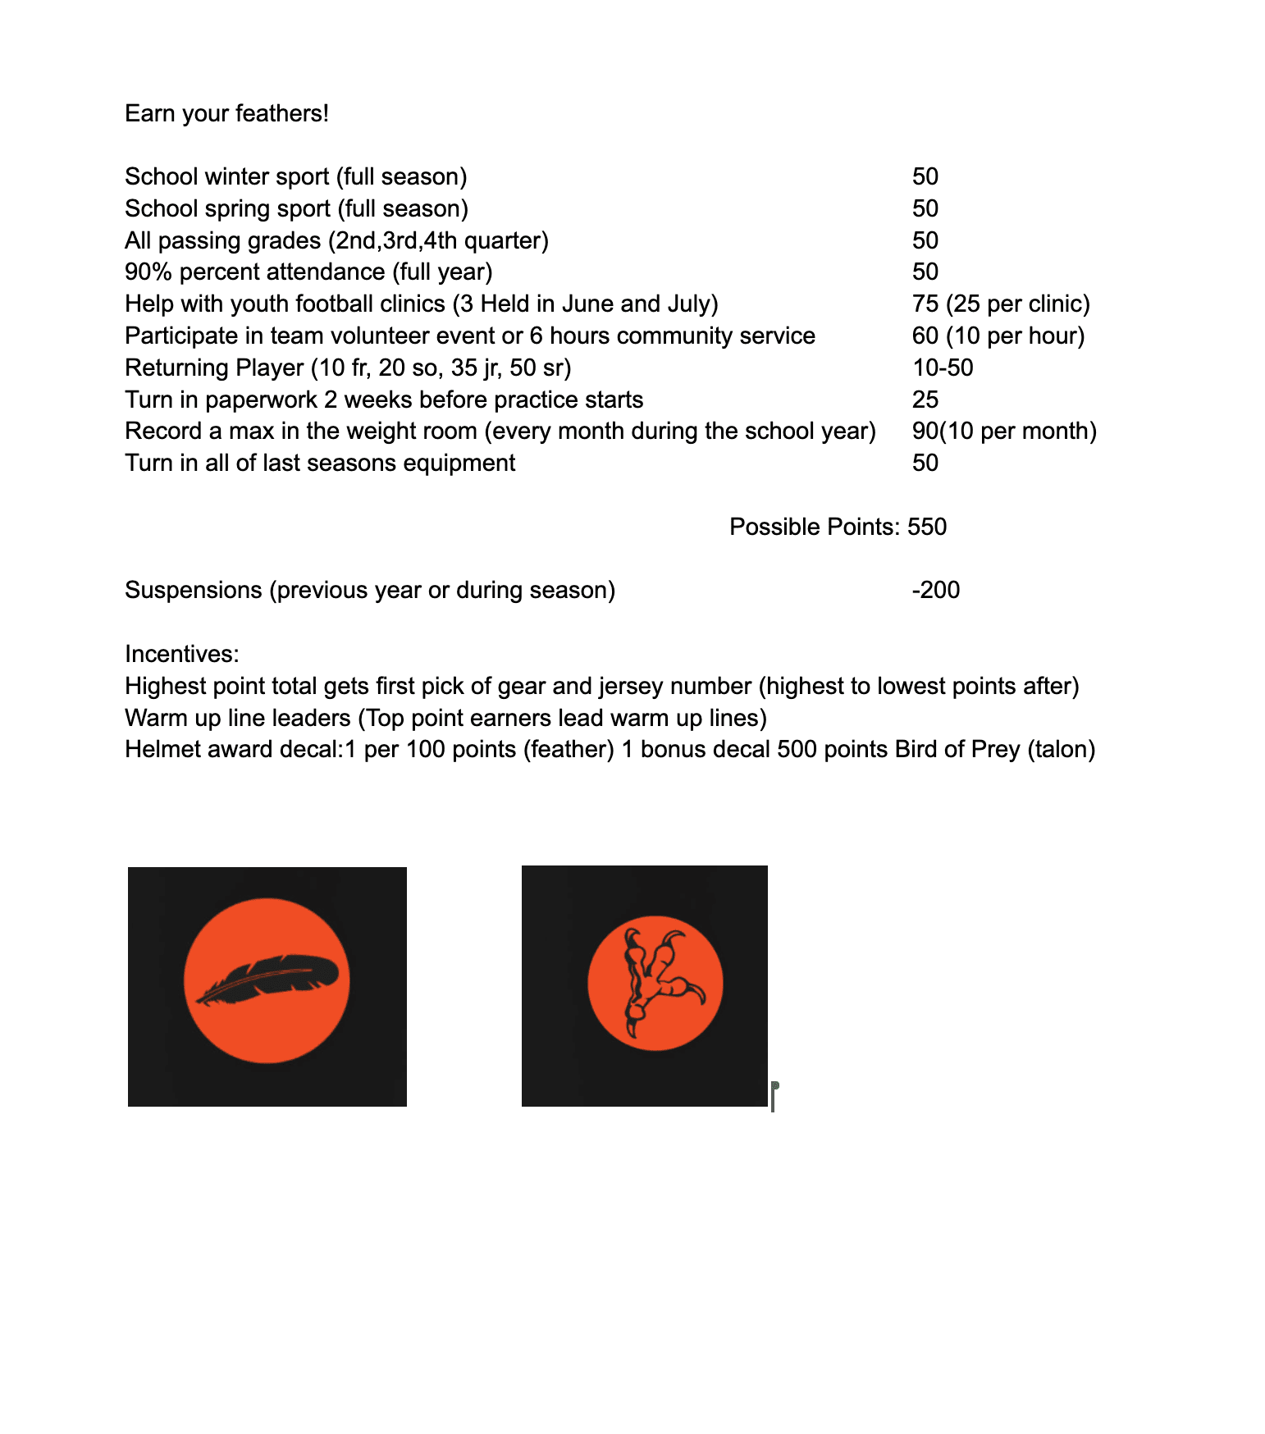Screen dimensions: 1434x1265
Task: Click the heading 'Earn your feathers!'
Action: [226, 113]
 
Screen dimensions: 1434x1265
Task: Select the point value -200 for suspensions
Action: [935, 590]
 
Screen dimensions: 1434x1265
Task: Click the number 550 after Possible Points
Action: [927, 527]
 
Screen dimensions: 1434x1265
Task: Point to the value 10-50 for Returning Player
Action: [943, 368]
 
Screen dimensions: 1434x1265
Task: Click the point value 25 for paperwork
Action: [925, 400]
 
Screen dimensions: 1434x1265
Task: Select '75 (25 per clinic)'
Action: [1001, 304]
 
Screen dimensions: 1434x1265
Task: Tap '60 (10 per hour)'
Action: [998, 336]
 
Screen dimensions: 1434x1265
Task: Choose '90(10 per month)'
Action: [1004, 431]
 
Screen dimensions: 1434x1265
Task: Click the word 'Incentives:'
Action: [182, 654]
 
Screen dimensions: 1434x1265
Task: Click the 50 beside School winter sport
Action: [925, 176]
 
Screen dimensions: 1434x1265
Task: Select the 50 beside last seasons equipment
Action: [925, 463]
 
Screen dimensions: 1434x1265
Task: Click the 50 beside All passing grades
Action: [925, 240]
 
